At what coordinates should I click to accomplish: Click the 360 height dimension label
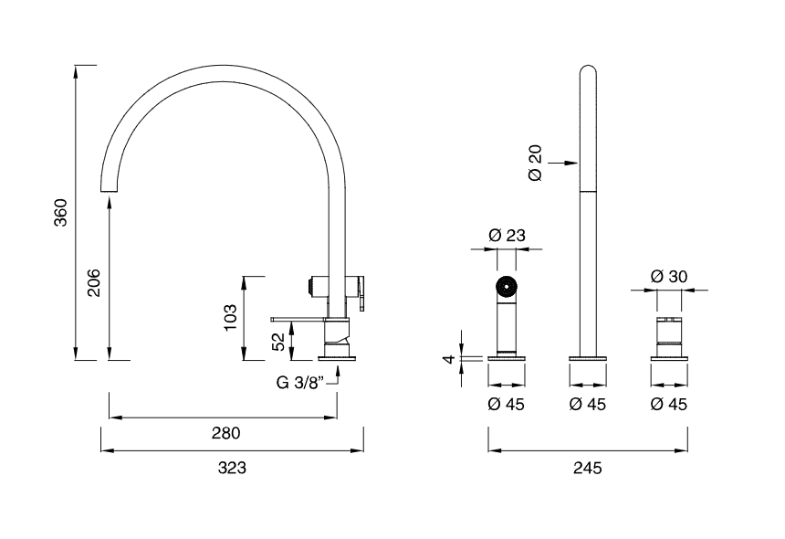(61, 212)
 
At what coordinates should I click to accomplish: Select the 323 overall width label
(231, 467)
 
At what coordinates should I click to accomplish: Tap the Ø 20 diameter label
(536, 163)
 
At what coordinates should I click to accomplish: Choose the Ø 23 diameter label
(507, 235)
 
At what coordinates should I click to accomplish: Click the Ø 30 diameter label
(669, 276)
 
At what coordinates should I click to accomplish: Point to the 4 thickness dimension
(448, 359)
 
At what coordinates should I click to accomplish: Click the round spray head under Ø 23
(507, 289)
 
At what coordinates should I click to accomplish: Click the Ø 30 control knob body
(669, 337)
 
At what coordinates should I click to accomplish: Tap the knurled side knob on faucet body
(315, 286)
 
